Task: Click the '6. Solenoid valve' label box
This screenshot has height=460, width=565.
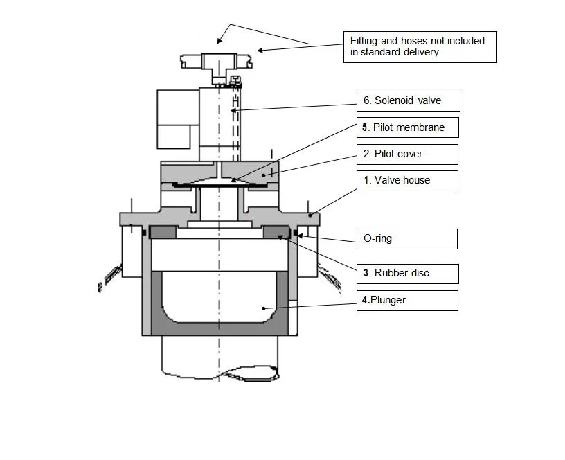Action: coord(409,100)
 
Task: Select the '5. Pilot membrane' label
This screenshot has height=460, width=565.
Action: coord(408,127)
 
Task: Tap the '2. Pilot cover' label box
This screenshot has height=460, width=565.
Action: coord(408,154)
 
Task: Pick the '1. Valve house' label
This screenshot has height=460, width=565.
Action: coord(408,180)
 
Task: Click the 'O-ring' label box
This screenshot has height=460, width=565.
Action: coord(408,238)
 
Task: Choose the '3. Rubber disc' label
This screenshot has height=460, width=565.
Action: coord(408,273)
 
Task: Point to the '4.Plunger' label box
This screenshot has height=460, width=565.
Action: coord(408,300)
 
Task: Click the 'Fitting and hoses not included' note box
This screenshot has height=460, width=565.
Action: coord(420,46)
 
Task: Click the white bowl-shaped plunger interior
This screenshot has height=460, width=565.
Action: coord(221,298)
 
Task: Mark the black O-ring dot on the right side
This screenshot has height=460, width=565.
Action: coord(296,233)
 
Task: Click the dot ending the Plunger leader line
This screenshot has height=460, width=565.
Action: coord(263,308)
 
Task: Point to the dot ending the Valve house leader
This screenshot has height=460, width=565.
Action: coord(312,215)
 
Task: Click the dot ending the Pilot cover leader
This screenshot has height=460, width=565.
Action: coord(264,177)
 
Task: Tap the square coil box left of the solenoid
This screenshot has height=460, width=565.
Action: coord(177,118)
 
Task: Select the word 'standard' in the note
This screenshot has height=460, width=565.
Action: coord(395,52)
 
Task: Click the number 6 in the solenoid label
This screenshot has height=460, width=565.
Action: coord(366,100)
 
